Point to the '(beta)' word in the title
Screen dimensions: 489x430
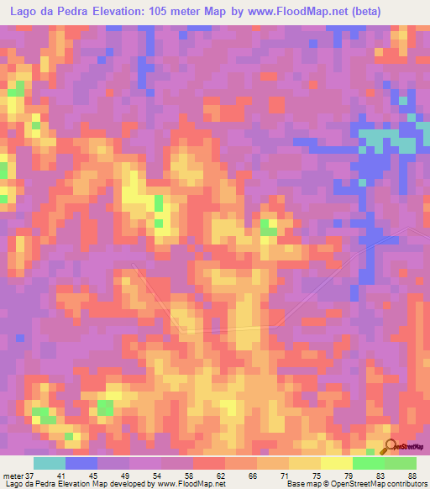point(342,12)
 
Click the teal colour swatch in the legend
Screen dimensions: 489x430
point(50,463)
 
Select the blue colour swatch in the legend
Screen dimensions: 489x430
point(81,463)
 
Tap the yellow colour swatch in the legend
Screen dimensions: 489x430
point(336,463)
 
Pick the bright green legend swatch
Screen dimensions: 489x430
point(368,463)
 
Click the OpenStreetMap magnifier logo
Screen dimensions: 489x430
point(391,446)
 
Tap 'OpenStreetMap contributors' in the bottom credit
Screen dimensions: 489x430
point(383,484)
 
